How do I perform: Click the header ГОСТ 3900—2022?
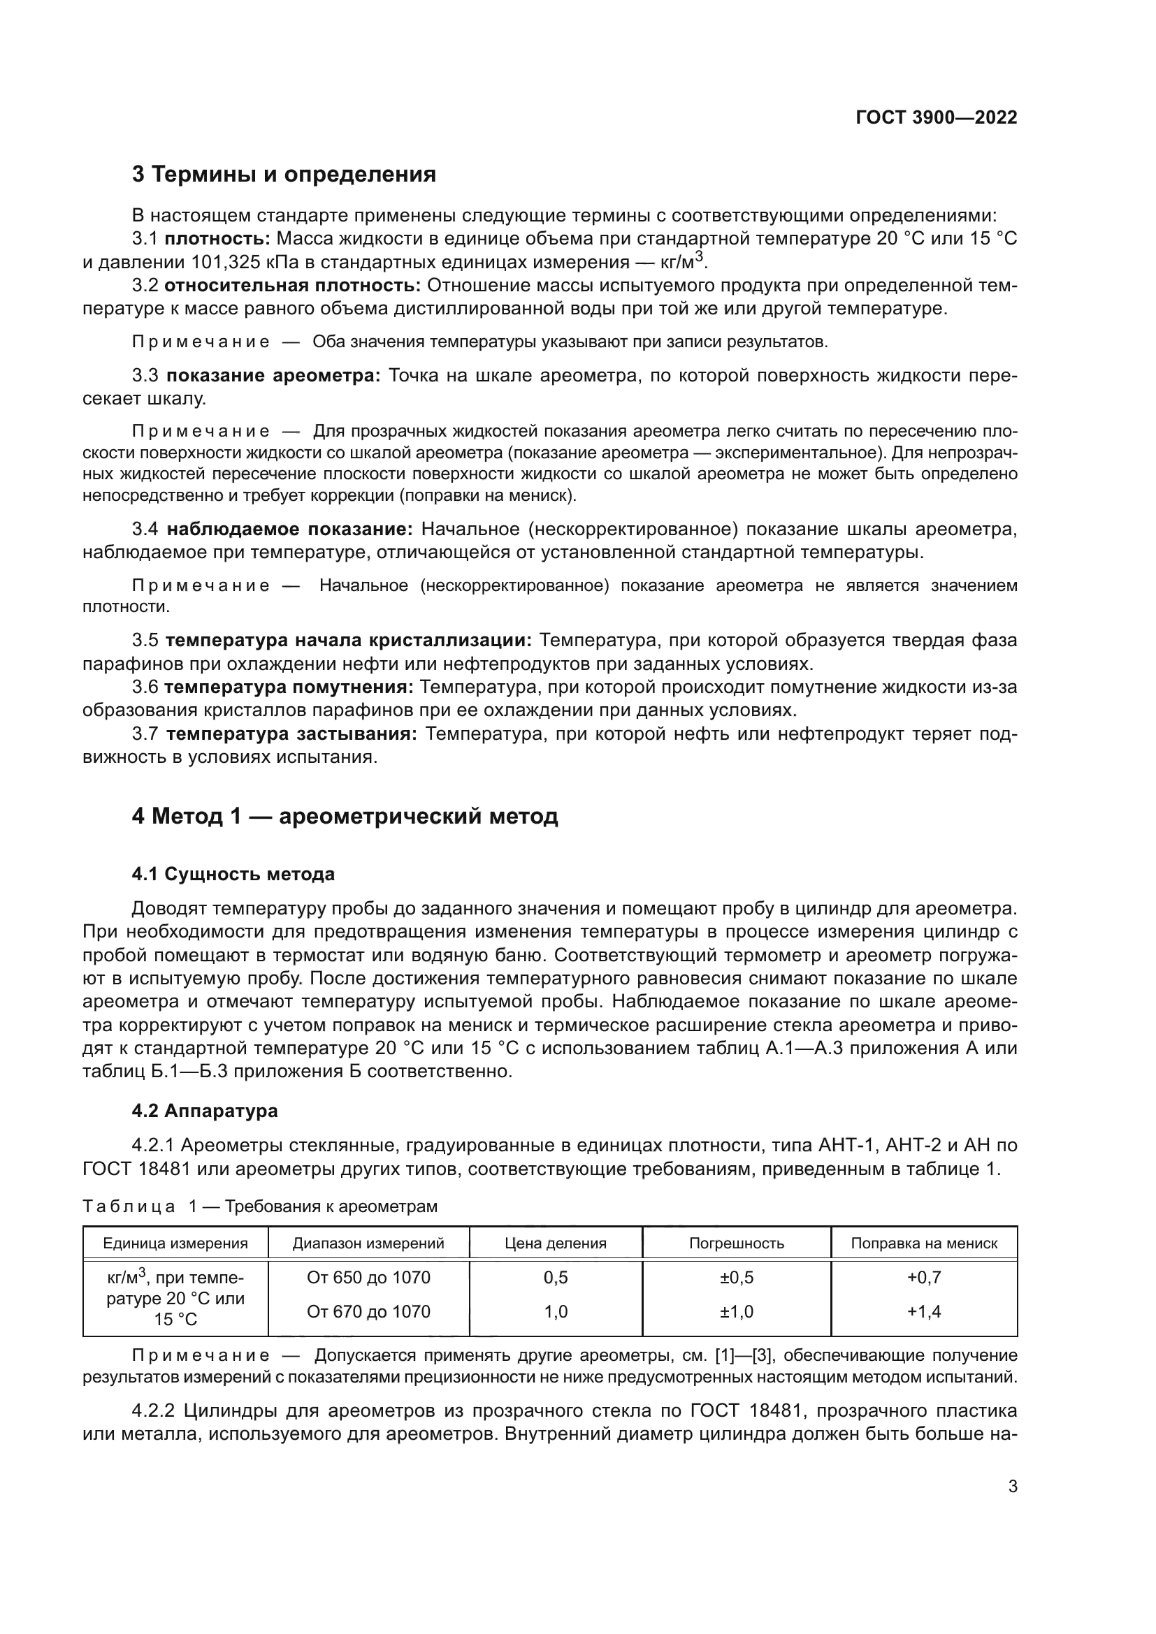point(936,117)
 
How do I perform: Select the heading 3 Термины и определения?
point(283,175)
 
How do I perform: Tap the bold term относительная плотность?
point(293,286)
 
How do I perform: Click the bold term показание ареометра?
point(274,376)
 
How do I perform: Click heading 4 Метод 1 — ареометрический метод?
point(345,816)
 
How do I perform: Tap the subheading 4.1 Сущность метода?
point(233,874)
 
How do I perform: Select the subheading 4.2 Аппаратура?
point(204,1111)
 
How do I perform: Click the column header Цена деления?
point(555,1243)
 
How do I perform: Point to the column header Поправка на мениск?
point(924,1243)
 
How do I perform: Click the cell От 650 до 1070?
point(369,1278)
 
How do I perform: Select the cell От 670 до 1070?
point(369,1312)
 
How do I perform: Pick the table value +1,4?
point(924,1312)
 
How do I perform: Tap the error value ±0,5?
point(736,1278)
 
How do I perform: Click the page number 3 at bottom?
point(1012,1486)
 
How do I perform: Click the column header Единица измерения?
point(175,1243)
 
